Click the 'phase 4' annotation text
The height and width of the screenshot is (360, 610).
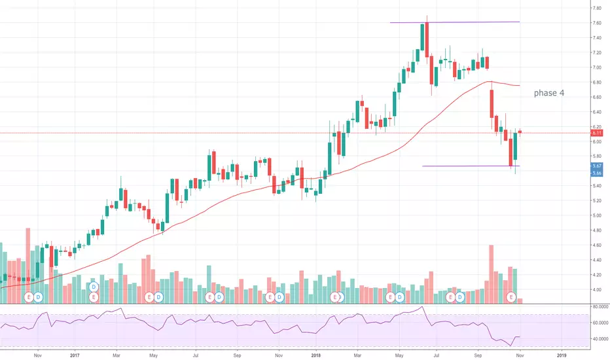click(x=548, y=94)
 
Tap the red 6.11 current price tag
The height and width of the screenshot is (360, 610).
click(x=598, y=133)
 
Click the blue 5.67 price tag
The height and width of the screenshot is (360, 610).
click(x=598, y=166)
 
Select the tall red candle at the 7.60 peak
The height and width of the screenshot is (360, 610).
click(x=426, y=37)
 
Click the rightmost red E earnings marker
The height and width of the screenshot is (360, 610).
click(x=511, y=297)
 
